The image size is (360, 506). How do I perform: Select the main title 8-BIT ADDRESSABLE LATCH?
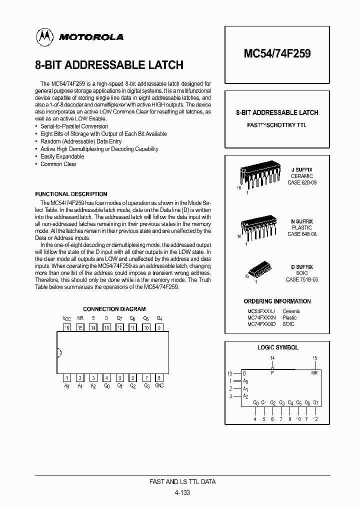[109, 65]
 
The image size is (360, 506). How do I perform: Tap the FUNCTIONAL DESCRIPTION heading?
[71, 194]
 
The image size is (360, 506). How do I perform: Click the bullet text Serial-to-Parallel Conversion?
[74, 126]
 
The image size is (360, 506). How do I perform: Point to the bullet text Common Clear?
[58, 164]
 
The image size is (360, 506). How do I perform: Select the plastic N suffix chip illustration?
[258, 229]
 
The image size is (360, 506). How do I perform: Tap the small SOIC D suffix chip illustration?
[259, 269]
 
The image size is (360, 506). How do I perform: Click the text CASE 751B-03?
[301, 280]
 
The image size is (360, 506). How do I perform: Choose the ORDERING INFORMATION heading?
[277, 301]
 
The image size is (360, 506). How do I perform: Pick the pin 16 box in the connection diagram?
[66, 327]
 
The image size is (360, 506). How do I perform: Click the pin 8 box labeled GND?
[159, 378]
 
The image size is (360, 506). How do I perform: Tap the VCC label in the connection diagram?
[66, 318]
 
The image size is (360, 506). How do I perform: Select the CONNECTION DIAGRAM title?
[114, 309]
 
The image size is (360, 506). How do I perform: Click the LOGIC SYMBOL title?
[277, 347]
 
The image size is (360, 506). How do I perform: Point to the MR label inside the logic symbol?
[314, 373]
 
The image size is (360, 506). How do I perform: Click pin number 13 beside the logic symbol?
[230, 373]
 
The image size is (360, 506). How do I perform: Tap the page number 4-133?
[182, 492]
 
